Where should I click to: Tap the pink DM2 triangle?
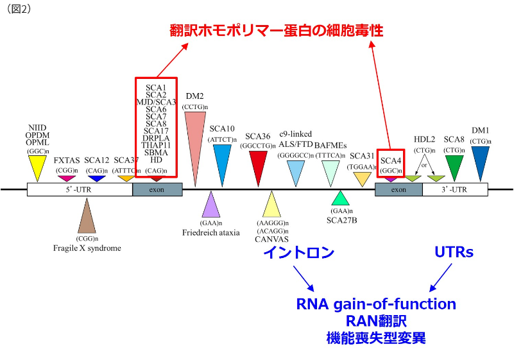(194, 138)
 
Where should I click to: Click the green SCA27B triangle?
(341, 199)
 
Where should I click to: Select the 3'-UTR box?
(454, 190)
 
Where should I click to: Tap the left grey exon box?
(157, 190)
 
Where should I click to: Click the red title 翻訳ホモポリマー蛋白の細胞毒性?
(276, 30)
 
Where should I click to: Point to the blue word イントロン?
(298, 253)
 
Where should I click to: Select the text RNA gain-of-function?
(376, 304)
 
